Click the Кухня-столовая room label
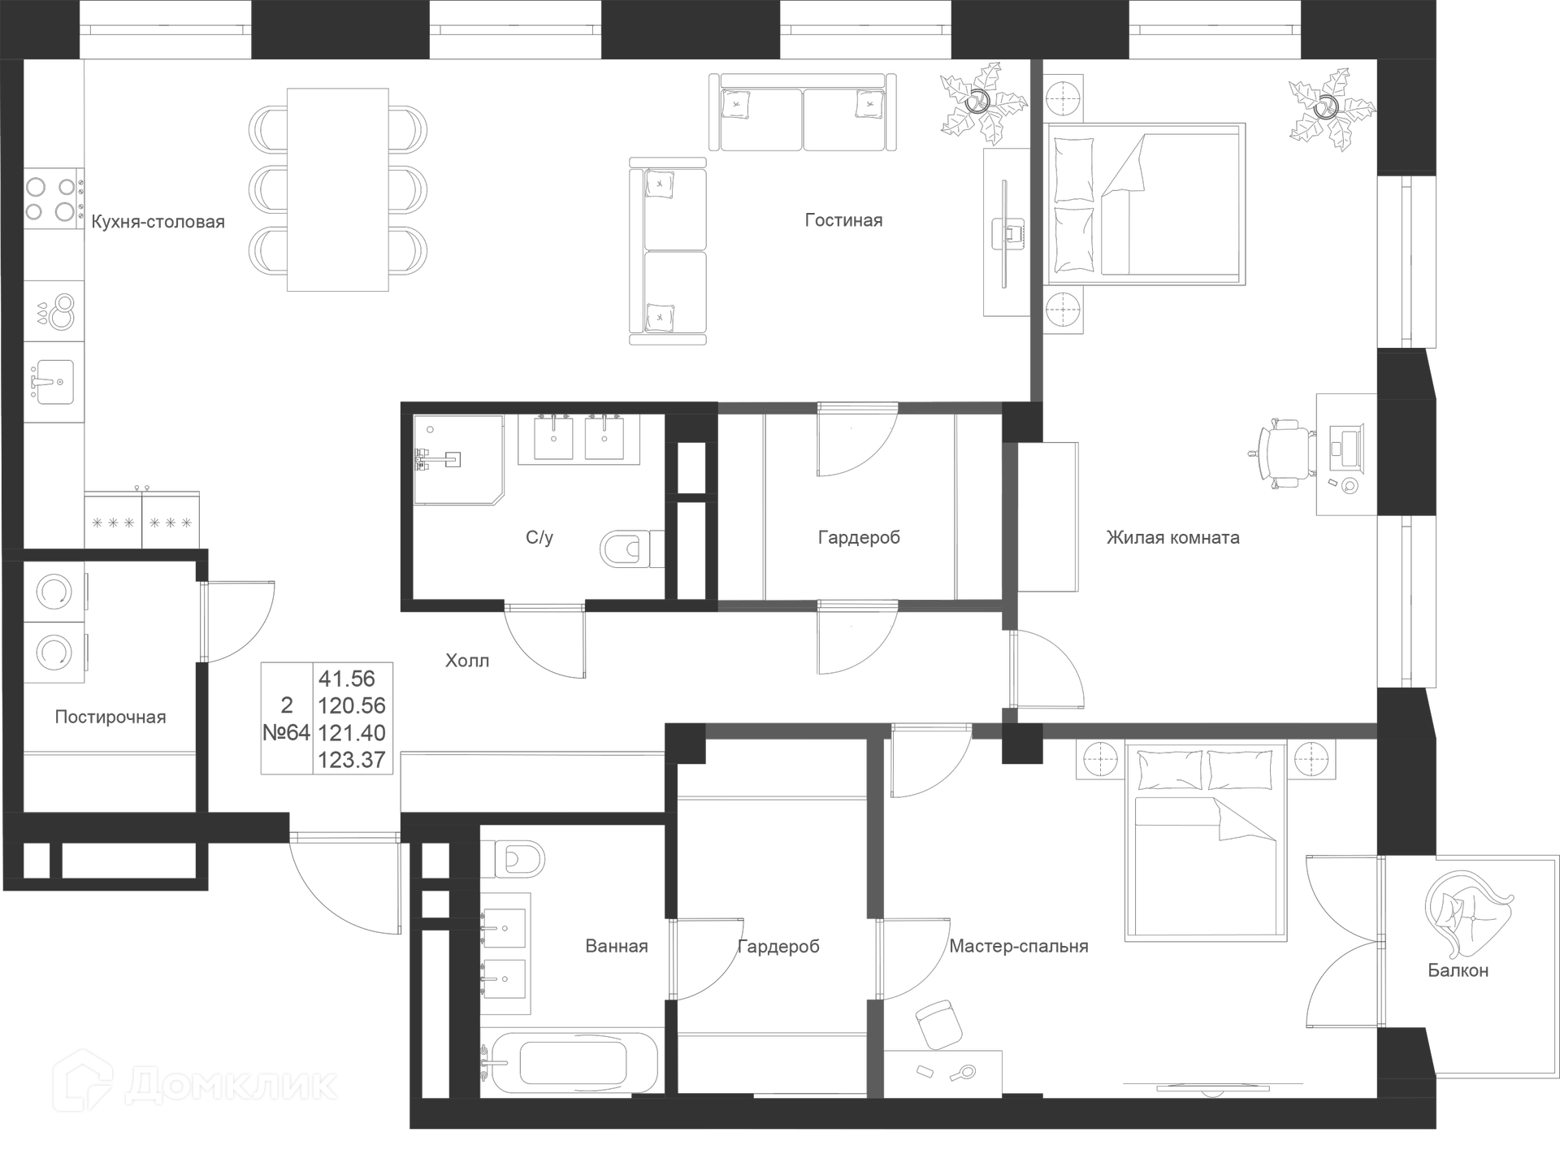point(158,222)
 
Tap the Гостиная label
point(843,220)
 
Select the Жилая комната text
point(1172,537)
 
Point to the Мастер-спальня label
point(1019,946)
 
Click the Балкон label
point(1458,970)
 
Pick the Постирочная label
point(110,717)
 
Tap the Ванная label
point(617,946)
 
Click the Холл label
point(467,661)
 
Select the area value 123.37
point(351,760)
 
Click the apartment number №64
point(286,733)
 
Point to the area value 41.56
point(347,679)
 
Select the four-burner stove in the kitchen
point(51,199)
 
